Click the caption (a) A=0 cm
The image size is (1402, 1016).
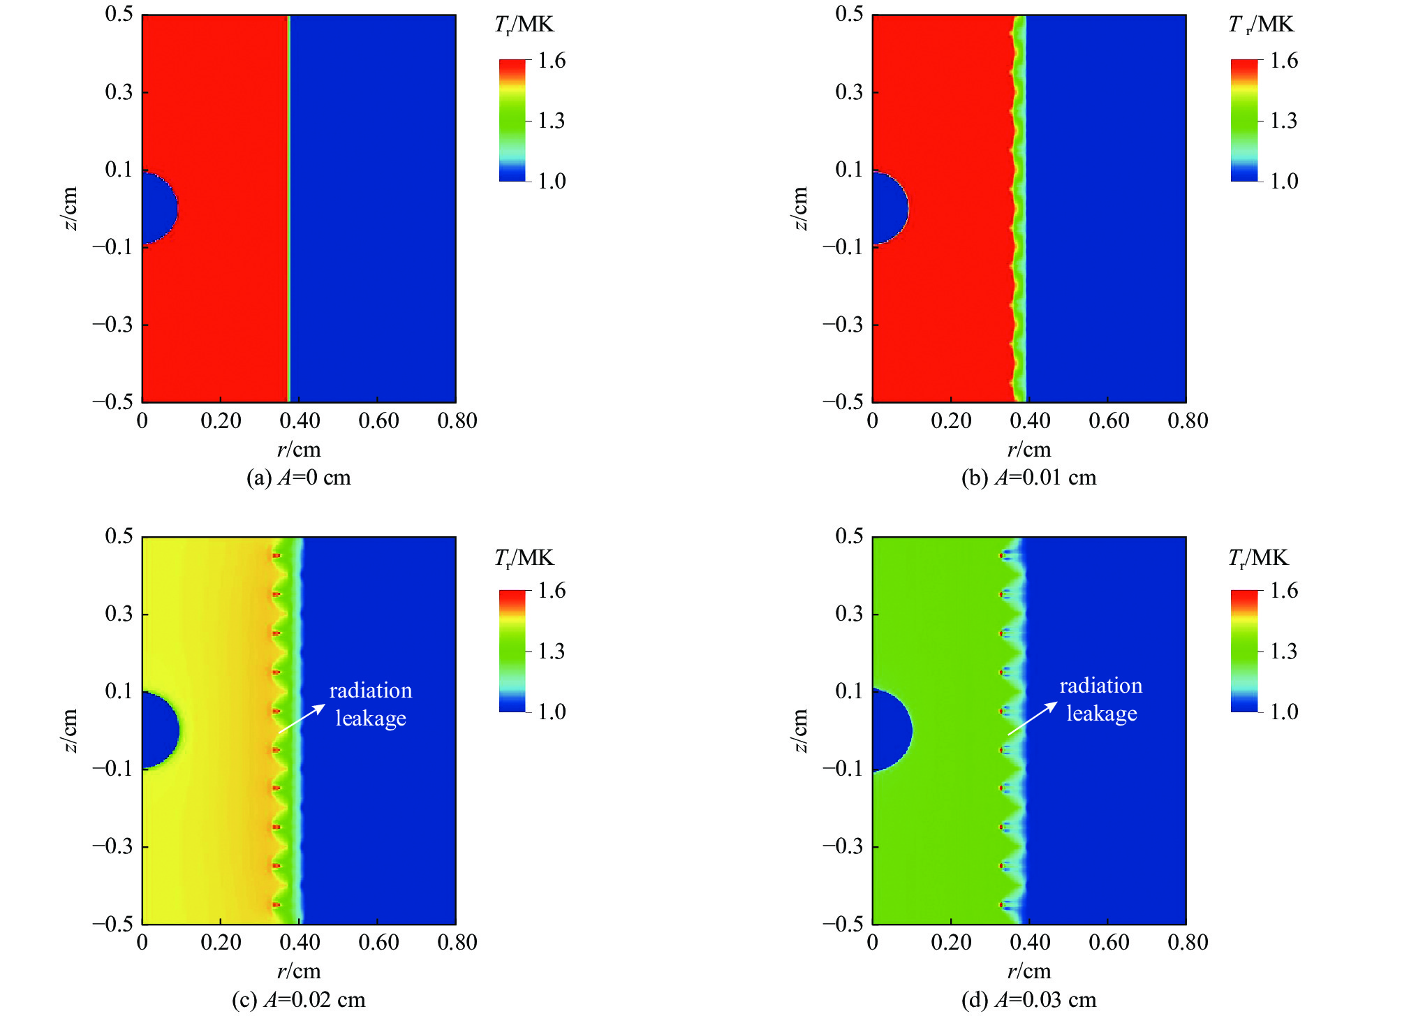click(x=299, y=478)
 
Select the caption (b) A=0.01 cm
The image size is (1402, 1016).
click(x=1029, y=478)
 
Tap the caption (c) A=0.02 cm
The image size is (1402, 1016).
click(x=299, y=999)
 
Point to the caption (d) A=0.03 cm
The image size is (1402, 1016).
click(x=1029, y=999)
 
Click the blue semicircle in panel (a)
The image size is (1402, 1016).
click(x=158, y=208)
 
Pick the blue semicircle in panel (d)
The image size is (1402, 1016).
click(x=890, y=730)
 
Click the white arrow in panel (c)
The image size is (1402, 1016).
click(x=302, y=718)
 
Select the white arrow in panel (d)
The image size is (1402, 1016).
click(x=1032, y=719)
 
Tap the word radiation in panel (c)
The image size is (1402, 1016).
click(x=371, y=691)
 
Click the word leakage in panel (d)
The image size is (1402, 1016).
click(x=1102, y=714)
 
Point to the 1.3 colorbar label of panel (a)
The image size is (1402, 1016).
click(x=552, y=121)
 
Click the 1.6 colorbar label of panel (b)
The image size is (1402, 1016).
click(x=1283, y=61)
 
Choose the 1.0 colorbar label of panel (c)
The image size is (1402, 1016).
click(x=552, y=712)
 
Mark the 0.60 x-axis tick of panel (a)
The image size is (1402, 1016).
click(x=378, y=421)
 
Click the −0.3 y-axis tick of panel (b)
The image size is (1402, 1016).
click(x=843, y=325)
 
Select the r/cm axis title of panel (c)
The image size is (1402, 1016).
click(x=299, y=971)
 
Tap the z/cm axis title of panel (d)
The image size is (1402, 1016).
click(x=800, y=730)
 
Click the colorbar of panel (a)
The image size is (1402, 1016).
click(x=512, y=121)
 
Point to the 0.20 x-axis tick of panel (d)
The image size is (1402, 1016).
click(x=951, y=943)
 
